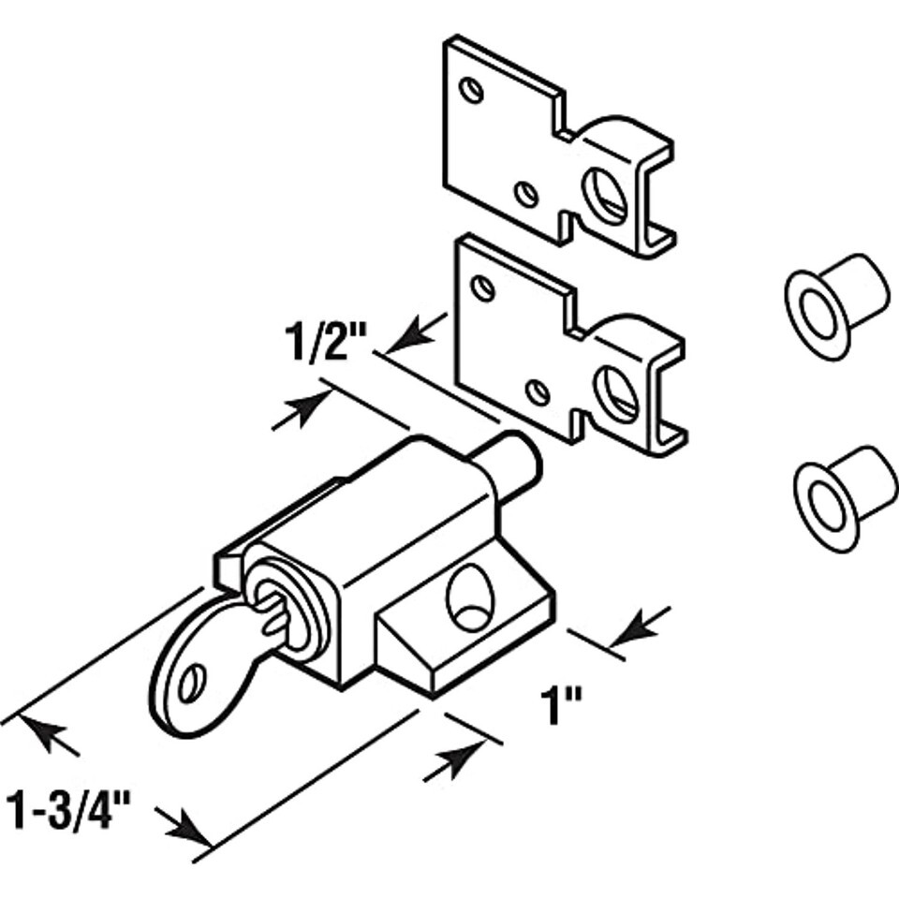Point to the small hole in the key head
pyautogui.click(x=191, y=684)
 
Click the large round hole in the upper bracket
pyautogui.click(x=605, y=195)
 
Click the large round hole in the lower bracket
pyautogui.click(x=616, y=394)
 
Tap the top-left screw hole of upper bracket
pyautogui.click(x=473, y=90)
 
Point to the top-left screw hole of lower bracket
pyautogui.click(x=483, y=287)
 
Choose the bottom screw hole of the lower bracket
pyautogui.click(x=537, y=391)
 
